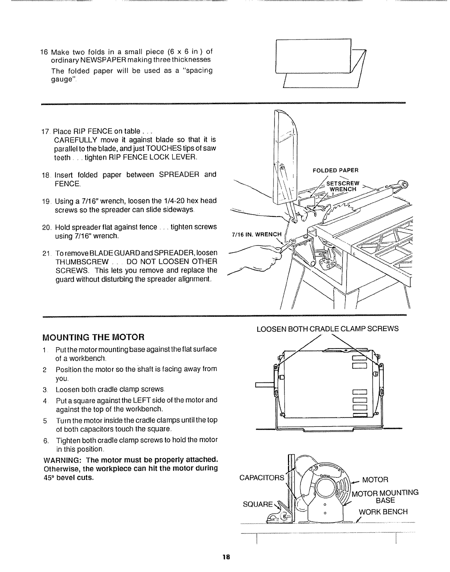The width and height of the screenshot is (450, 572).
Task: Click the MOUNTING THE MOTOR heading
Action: tap(93, 337)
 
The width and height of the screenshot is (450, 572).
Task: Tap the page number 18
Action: tap(226, 556)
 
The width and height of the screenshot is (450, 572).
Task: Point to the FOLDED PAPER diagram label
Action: tap(335, 170)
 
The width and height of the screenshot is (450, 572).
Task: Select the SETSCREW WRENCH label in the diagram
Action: tap(343, 186)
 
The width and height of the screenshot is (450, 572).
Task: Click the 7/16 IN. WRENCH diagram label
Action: tap(256, 234)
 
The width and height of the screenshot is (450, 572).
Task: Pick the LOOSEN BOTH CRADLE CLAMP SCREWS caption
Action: tap(327, 329)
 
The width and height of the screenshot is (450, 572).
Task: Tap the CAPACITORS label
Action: tap(262, 478)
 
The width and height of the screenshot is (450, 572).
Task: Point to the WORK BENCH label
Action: tap(383, 512)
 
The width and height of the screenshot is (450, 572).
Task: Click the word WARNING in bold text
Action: tap(59, 460)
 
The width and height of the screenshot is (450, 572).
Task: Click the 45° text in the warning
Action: tap(48, 478)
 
